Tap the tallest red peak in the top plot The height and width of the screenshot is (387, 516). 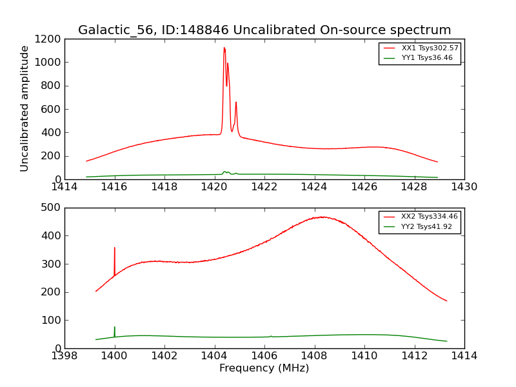point(224,48)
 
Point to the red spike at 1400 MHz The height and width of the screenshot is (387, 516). point(115,248)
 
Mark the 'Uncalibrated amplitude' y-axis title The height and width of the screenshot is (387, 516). point(25,108)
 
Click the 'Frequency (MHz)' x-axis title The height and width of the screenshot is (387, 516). point(264,368)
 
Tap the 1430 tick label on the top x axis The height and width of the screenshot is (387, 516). point(464,187)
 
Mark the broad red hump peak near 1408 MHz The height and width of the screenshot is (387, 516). point(321,217)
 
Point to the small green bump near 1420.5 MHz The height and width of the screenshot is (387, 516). point(225,172)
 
